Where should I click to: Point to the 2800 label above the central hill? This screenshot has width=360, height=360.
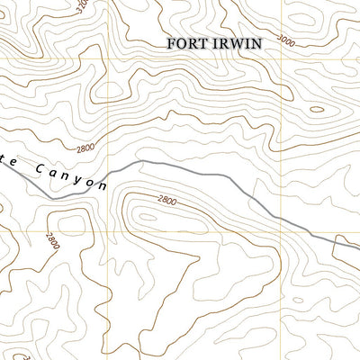[166, 200]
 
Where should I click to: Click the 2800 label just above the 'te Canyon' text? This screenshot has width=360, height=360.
[85, 148]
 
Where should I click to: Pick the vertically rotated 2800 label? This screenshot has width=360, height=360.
[53, 240]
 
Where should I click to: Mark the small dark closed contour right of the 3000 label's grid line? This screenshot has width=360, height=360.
[316, 110]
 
